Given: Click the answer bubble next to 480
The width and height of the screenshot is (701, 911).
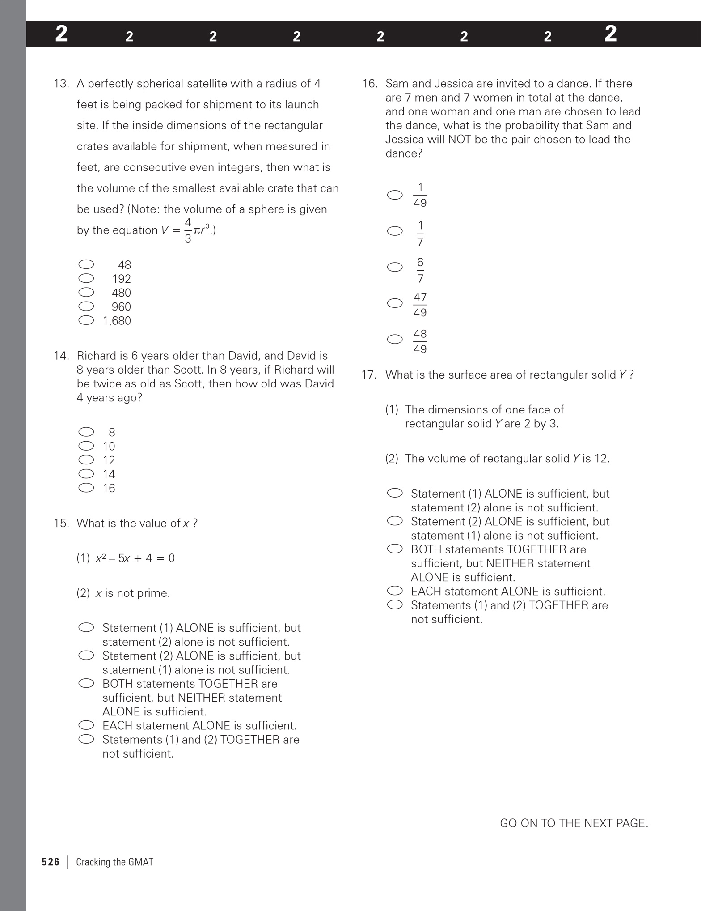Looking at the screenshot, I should [86, 293].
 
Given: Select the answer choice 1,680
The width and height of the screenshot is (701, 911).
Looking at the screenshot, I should [117, 321].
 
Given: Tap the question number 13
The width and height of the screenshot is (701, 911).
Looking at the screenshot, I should [61, 84].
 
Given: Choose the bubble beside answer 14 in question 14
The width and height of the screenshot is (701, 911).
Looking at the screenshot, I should [86, 474].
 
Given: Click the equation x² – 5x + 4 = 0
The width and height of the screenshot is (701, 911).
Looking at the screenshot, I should [135, 558].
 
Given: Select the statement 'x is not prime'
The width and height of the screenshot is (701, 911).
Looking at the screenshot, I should [132, 593].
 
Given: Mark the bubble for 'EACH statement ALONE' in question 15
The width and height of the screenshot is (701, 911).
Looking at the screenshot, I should [86, 725].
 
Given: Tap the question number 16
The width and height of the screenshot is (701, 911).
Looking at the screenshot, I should [370, 84].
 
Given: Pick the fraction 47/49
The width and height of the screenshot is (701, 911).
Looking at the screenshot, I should [420, 305].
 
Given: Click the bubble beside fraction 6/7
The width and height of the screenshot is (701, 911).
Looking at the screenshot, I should [395, 267].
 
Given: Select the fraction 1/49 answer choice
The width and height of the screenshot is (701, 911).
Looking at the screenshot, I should [420, 195].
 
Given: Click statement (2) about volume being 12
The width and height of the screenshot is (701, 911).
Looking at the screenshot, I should [497, 459].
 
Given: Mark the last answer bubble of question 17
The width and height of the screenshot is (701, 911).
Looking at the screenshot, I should [395, 605].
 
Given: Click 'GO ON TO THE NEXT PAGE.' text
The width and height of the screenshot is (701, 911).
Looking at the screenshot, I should [574, 823].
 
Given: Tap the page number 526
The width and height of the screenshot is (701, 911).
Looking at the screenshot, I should [50, 862].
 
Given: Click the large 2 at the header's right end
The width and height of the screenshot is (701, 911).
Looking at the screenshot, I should [610, 34].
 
